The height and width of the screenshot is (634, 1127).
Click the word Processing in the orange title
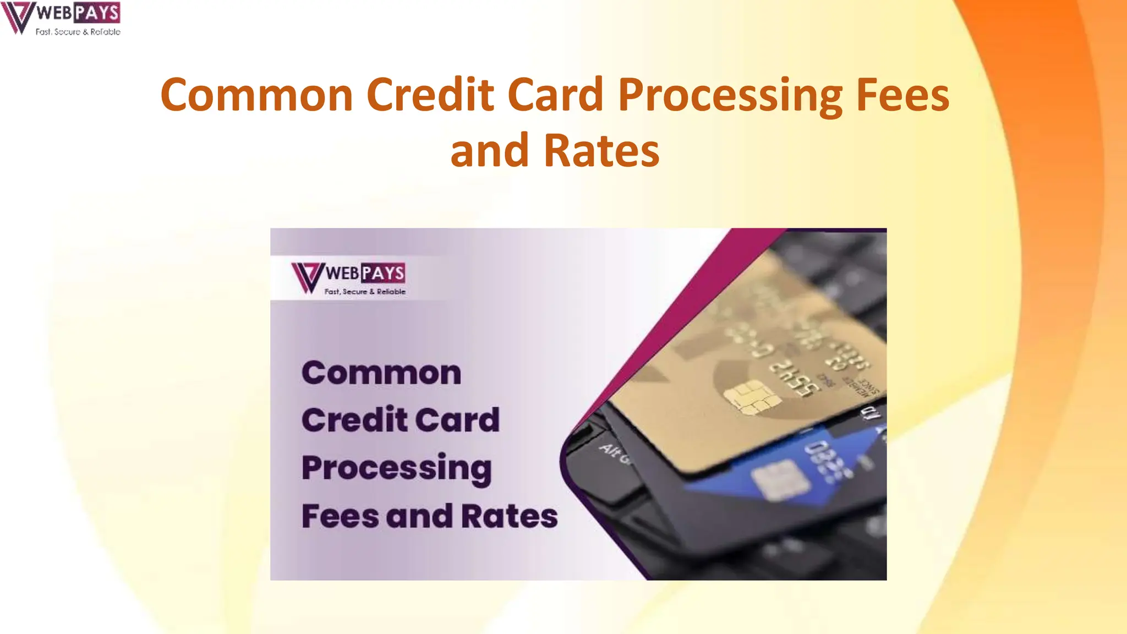point(730,95)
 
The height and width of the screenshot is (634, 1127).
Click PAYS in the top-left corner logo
point(96,12)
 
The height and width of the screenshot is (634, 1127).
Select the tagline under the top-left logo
point(78,32)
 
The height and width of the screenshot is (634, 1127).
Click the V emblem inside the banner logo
point(307,276)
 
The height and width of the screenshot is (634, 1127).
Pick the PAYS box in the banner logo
point(383,272)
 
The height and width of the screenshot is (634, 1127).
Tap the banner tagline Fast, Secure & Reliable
point(365,292)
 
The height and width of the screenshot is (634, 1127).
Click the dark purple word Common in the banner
point(381,373)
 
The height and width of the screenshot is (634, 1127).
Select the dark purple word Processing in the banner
point(396,468)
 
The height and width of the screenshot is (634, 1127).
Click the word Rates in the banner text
point(509,516)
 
